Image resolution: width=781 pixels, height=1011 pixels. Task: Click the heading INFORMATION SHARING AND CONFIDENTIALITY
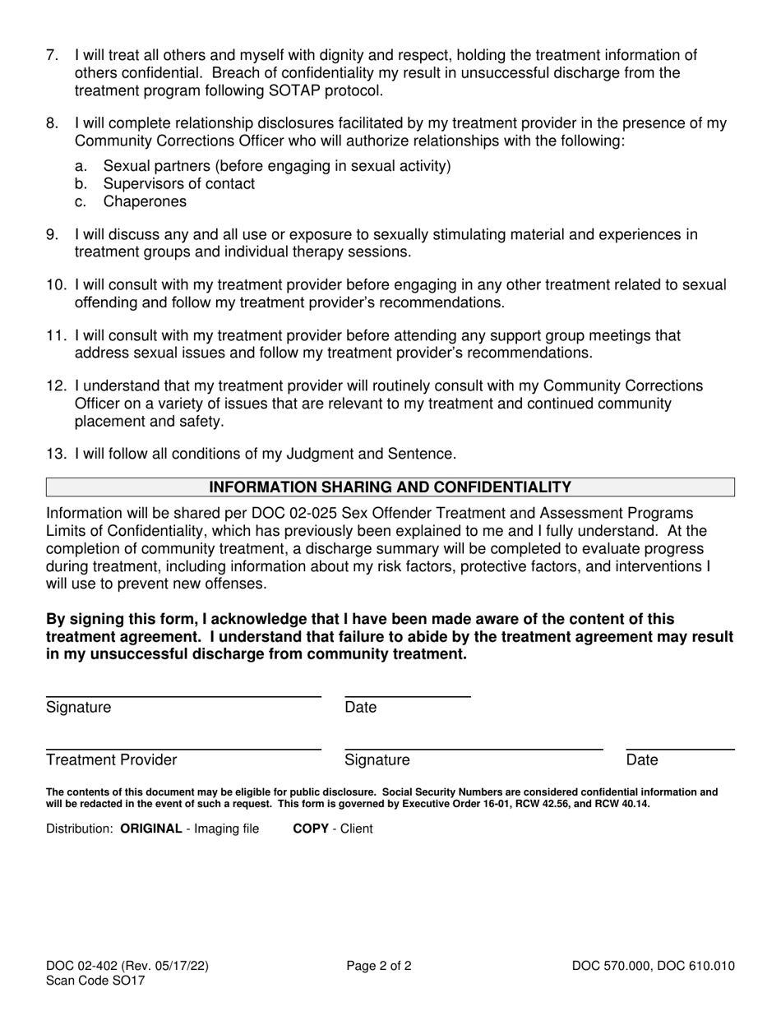pyautogui.click(x=390, y=487)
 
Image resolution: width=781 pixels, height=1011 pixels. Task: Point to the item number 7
pyautogui.click(x=52, y=56)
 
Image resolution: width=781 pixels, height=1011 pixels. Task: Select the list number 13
pyautogui.click(x=56, y=454)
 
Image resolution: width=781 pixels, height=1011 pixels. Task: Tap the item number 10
pyautogui.click(x=56, y=285)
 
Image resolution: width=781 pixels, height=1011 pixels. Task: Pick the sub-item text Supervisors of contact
pyautogui.click(x=178, y=184)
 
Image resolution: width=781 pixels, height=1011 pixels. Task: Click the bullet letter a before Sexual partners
pyautogui.click(x=81, y=166)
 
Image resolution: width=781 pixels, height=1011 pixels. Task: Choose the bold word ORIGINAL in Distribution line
pyautogui.click(x=151, y=829)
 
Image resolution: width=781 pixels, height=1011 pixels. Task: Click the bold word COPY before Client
pyautogui.click(x=311, y=829)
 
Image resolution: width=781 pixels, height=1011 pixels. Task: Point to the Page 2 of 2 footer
pyautogui.click(x=379, y=967)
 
